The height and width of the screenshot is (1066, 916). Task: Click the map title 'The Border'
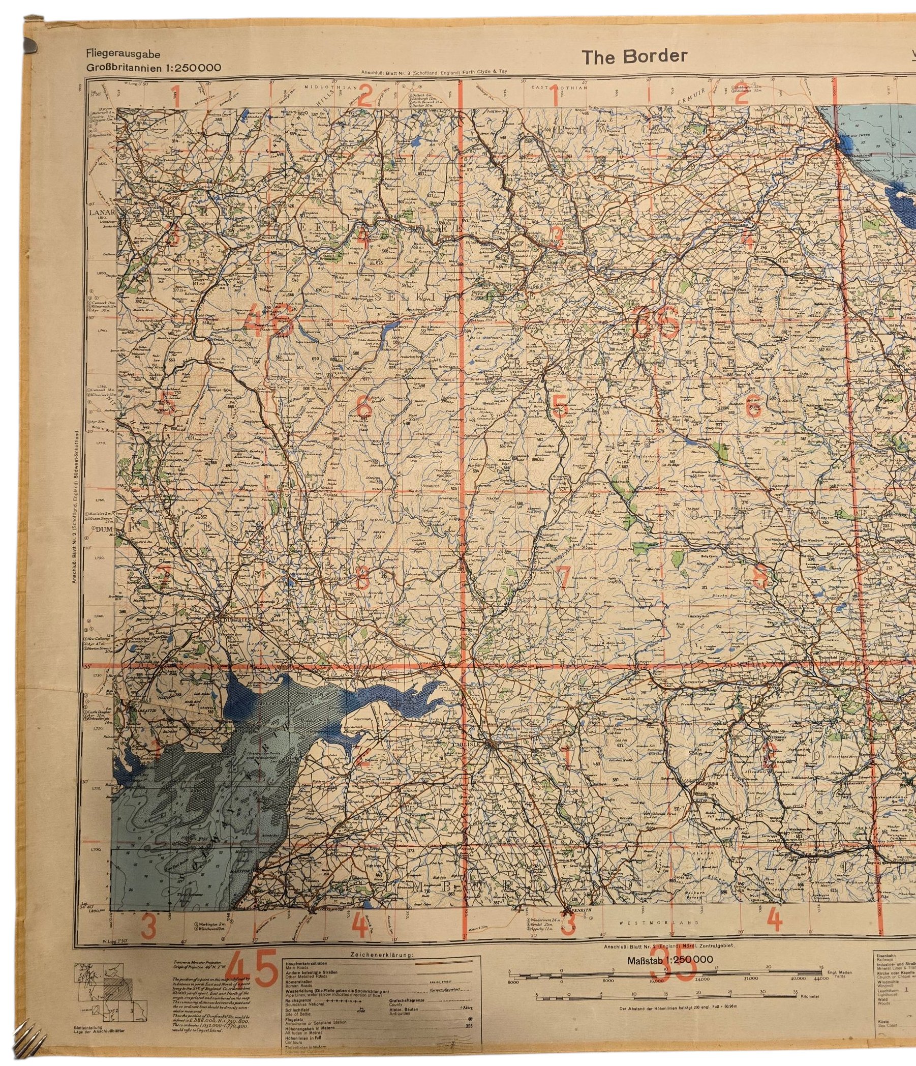pos(634,57)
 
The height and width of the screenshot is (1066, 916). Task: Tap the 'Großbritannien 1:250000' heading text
pos(154,68)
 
